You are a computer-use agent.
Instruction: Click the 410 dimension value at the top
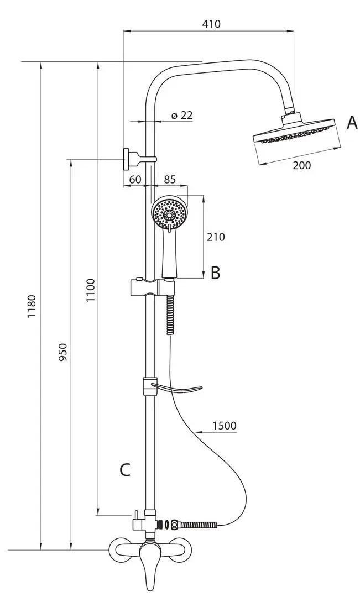211,24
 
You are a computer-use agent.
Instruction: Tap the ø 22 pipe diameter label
182,114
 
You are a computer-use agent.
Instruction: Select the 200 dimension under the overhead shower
302,165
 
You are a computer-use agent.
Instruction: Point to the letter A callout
352,123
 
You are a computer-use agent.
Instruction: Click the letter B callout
216,273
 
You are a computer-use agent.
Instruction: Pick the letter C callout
125,470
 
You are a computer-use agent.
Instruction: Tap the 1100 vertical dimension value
90,291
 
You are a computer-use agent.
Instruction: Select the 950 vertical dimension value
63,352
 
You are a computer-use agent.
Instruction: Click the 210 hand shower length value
216,237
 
